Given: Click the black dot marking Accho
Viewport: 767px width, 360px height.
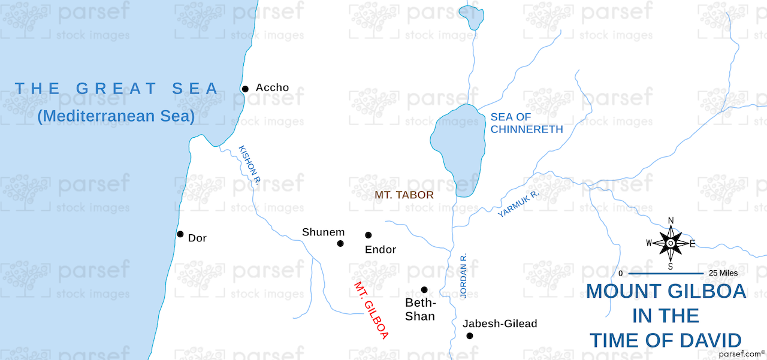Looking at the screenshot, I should coord(245,89).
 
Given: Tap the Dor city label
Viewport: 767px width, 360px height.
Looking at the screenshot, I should coord(197,238).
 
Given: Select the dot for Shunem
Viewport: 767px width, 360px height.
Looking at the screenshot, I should coord(340,243).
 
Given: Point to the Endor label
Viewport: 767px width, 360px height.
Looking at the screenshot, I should coord(381,250).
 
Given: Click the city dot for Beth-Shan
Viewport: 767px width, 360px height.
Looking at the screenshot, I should coord(424,290).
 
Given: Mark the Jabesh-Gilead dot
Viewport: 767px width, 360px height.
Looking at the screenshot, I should coord(470,336).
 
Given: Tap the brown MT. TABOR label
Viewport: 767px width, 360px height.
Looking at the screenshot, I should coord(404,196).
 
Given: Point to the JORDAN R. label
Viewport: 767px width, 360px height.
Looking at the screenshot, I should coord(464,276).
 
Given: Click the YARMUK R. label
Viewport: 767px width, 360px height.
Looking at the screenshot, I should coord(519,204).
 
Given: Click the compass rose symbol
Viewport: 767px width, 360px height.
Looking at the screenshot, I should coord(671,243).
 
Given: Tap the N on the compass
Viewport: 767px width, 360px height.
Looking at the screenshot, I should coord(671,220).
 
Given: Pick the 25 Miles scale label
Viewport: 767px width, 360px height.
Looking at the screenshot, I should coord(723,273).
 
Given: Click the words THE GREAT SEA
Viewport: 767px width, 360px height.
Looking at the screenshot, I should coord(117,89).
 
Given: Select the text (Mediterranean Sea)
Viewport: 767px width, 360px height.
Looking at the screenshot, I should coord(116,116).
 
